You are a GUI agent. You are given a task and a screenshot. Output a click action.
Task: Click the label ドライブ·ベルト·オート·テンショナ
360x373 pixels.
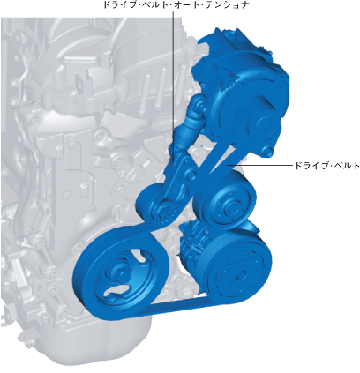(176, 4)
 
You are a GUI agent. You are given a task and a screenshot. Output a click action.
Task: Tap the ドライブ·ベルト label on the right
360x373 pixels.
(327, 166)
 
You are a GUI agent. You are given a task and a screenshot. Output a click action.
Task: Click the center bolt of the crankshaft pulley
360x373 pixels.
(120, 274)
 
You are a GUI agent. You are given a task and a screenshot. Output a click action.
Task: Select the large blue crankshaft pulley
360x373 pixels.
(121, 272)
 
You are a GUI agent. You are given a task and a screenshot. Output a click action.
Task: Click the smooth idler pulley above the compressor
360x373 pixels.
(225, 203)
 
